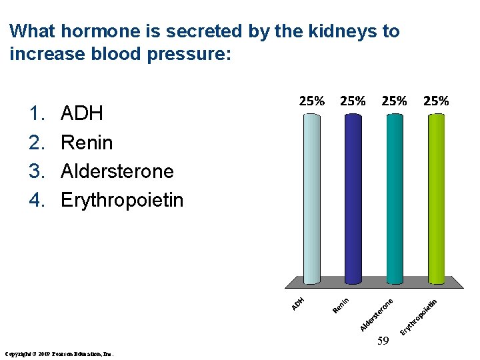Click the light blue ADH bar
(x=311, y=199)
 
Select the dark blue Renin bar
(x=353, y=199)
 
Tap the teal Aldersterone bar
(x=395, y=199)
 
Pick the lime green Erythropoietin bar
(x=436, y=199)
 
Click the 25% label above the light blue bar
(x=311, y=101)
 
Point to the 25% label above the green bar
(x=436, y=101)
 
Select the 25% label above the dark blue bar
(x=353, y=101)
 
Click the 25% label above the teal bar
(x=394, y=101)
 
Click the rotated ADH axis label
(x=299, y=303)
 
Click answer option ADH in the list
(x=81, y=113)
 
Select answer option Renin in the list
(x=87, y=142)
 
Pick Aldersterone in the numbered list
(x=117, y=171)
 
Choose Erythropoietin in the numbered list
(x=121, y=200)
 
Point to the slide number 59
(x=382, y=342)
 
